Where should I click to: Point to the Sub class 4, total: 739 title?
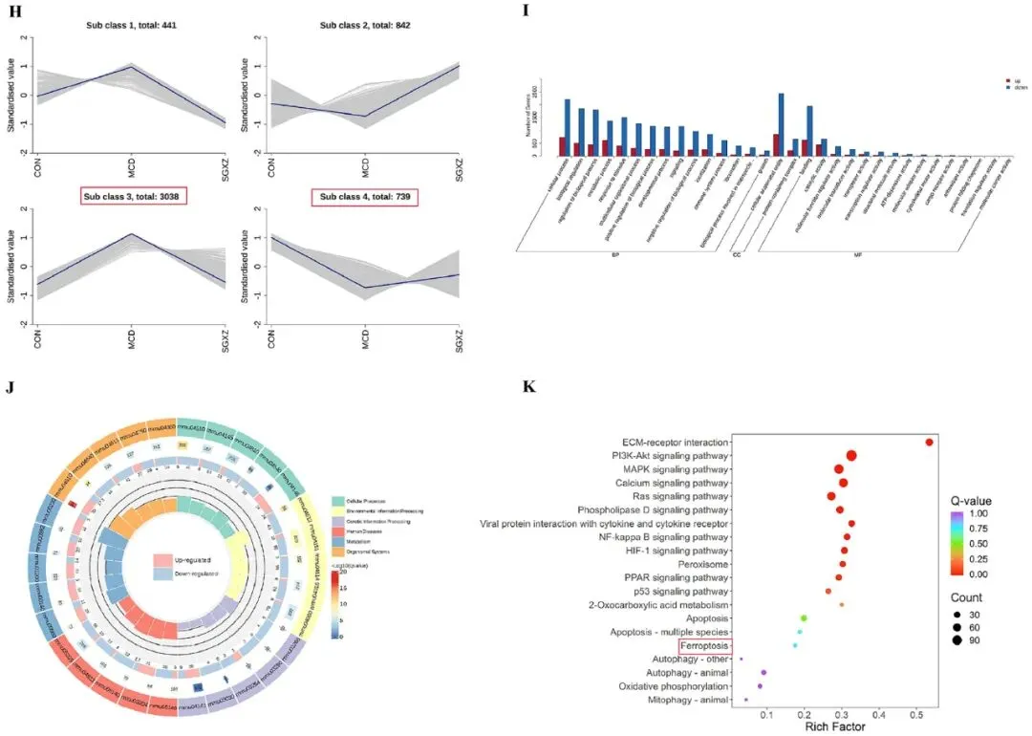pos(365,197)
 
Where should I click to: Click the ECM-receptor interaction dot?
pos(929,442)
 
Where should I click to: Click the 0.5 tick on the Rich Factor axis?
pos(917,713)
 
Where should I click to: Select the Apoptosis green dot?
pos(804,618)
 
